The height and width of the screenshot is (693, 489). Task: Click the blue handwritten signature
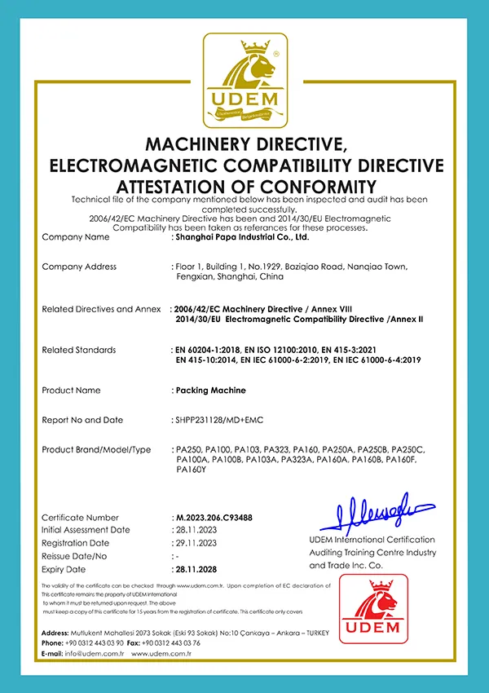point(377,511)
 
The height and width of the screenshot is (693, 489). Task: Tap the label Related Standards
point(78,350)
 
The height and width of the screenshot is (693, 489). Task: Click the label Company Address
point(79,267)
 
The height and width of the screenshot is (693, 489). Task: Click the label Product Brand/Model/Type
point(96,449)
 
